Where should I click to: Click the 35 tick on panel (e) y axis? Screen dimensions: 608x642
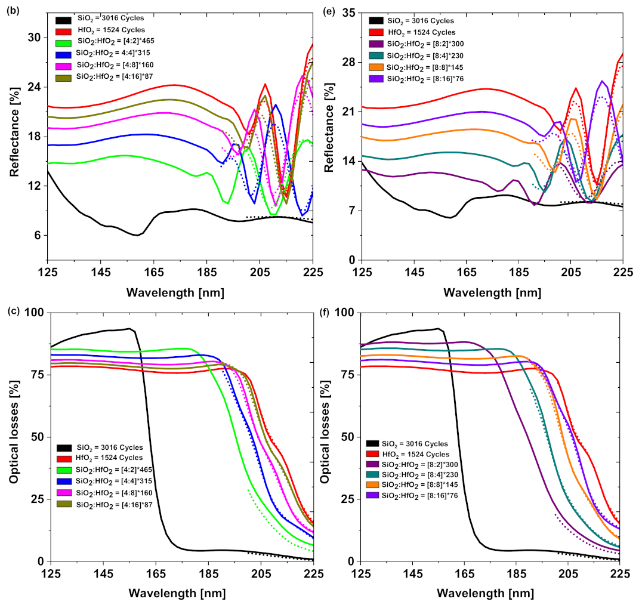click(x=348, y=13)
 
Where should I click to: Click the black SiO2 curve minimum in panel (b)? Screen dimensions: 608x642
click(x=137, y=235)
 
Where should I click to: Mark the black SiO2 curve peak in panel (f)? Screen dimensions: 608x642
click(x=439, y=328)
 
